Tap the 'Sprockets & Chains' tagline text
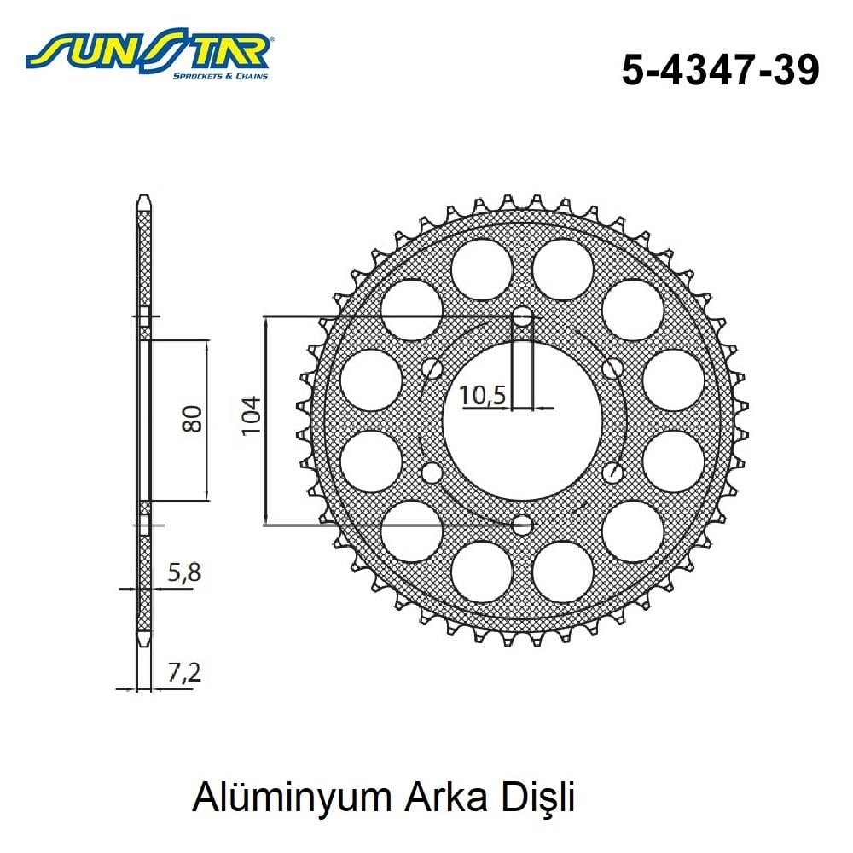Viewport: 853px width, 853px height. (x=220, y=76)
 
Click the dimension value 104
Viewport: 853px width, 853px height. (x=251, y=417)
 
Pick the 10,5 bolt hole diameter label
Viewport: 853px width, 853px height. (x=484, y=395)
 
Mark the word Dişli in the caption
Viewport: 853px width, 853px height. (x=538, y=799)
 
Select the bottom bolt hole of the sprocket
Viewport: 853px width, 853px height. (x=522, y=524)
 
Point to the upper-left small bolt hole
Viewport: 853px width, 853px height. (x=433, y=369)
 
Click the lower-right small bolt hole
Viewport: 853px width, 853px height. (x=611, y=473)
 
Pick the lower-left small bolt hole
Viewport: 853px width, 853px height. (x=432, y=473)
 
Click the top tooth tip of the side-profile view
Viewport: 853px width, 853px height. (x=144, y=200)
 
